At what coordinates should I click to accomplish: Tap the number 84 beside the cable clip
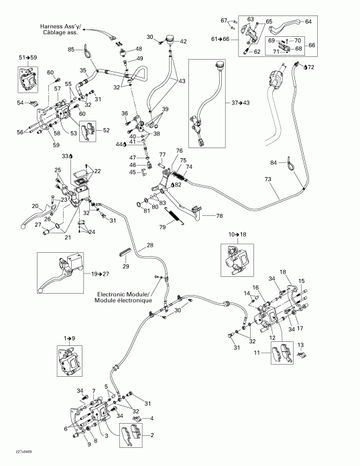(x=273, y=163)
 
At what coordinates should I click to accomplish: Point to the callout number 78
(x=219, y=216)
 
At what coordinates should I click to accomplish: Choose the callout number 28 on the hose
(x=149, y=246)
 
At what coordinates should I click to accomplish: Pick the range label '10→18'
(x=237, y=234)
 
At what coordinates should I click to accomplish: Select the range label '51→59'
(x=29, y=57)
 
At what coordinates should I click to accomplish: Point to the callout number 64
(x=308, y=22)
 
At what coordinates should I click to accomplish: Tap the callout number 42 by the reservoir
(x=182, y=42)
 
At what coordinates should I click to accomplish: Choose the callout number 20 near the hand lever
(x=35, y=206)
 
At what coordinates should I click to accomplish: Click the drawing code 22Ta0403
(x=15, y=459)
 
